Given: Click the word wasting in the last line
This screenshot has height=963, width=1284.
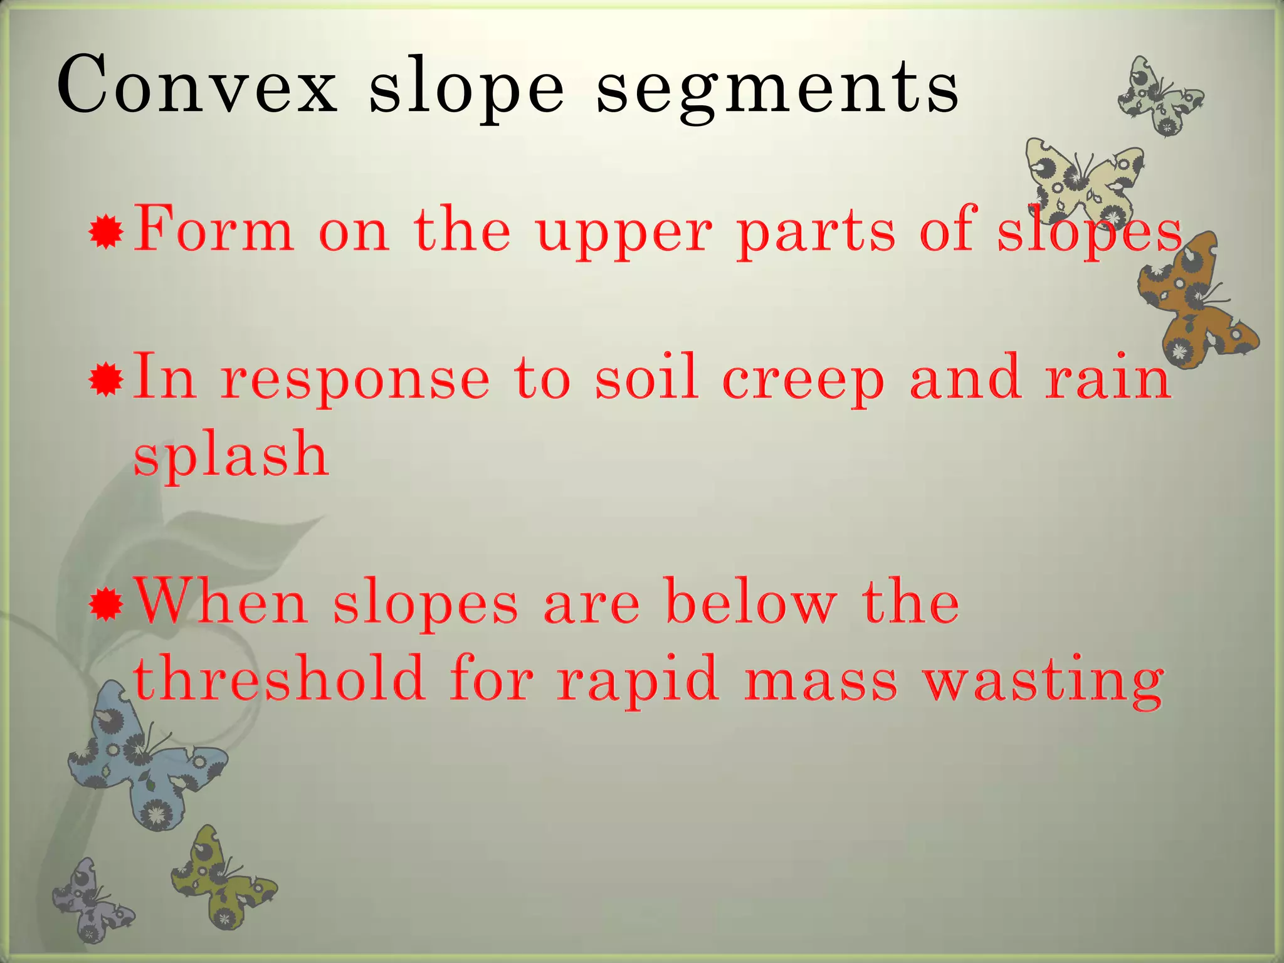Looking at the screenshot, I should [x=1044, y=680].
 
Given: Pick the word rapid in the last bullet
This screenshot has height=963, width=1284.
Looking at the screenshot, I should [x=637, y=680].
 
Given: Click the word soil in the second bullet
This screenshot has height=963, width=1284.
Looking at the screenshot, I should [x=646, y=377].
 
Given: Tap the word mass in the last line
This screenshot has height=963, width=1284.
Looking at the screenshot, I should [x=821, y=680].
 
